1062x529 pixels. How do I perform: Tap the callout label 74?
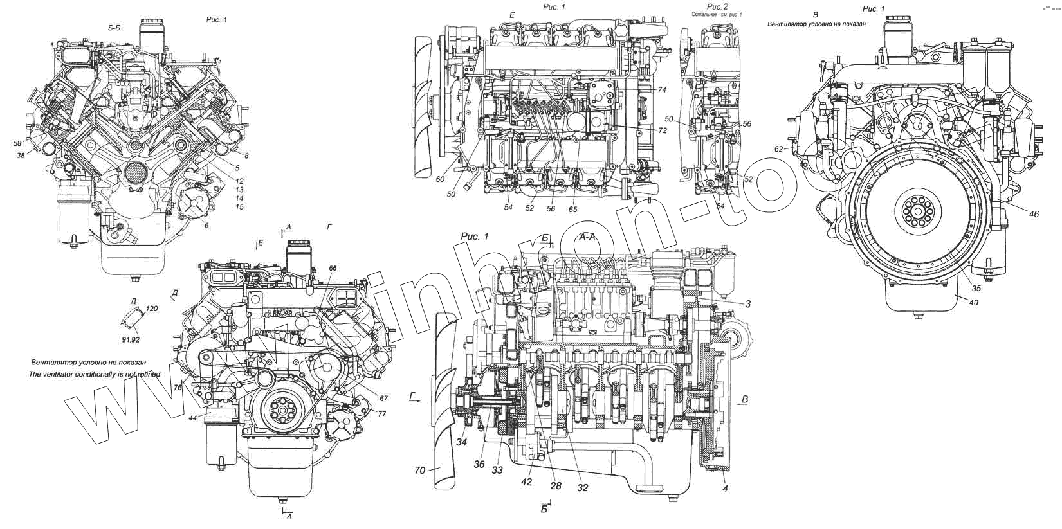point(662,89)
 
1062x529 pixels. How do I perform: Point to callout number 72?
point(663,130)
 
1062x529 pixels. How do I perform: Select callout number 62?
point(779,149)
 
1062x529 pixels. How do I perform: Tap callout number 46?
point(1033,214)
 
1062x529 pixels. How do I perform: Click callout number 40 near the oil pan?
point(973,302)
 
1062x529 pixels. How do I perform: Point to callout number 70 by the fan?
point(419,470)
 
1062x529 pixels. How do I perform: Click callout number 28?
point(556,486)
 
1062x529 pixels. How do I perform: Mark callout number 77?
point(381,413)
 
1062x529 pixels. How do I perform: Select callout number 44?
point(192,418)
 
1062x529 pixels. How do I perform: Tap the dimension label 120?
point(152,309)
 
